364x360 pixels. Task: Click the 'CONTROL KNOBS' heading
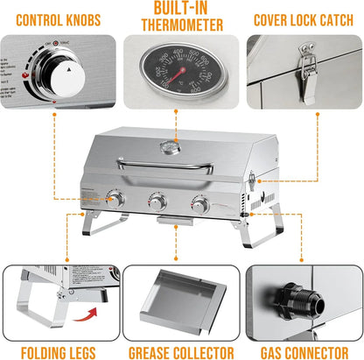[x=58, y=19]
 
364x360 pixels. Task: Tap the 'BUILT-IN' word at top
[x=181, y=9]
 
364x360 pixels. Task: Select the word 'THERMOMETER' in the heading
[x=181, y=25]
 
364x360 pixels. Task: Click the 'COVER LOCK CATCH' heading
[x=303, y=19]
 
